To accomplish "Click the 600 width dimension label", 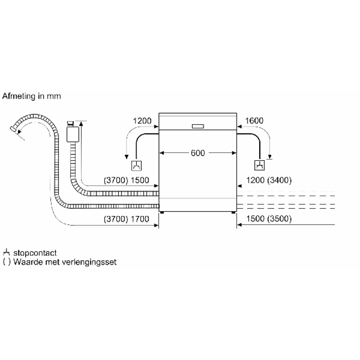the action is (198, 153).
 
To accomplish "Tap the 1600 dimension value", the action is (254, 121).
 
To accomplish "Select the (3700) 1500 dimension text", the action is (126, 180).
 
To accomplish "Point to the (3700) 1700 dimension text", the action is (126, 219).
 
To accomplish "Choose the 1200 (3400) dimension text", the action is (269, 180).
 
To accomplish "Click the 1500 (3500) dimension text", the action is (269, 219).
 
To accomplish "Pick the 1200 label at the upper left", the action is (142, 121).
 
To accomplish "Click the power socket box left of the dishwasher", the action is (136, 166).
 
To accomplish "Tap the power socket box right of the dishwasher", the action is (260, 165).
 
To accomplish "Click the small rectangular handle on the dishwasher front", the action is (198, 126).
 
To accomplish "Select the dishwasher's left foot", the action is (162, 212).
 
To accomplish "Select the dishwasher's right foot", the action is (234, 212).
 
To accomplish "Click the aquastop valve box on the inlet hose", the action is (73, 134).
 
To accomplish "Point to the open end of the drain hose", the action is (13, 129).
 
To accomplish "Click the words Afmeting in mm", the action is (31, 96).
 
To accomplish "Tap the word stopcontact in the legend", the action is (35, 253).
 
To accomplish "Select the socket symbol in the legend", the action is (6, 252).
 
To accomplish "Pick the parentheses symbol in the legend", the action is (7, 262).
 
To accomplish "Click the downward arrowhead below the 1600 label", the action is (270, 157).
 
